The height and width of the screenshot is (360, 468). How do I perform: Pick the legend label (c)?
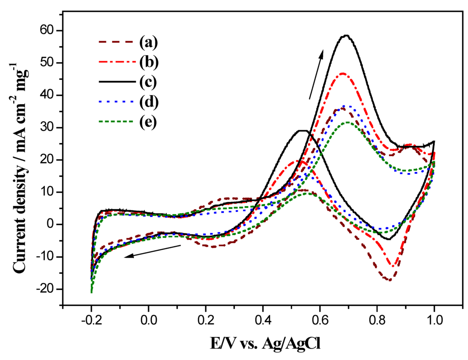pyautogui.click(x=149, y=83)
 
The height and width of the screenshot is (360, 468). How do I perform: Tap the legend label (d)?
pyautogui.click(x=149, y=103)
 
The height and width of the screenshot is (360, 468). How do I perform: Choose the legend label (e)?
pyautogui.click(x=149, y=123)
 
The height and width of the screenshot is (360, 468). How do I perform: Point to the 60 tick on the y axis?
pyautogui.click(x=48, y=31)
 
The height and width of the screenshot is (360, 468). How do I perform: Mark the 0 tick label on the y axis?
pyautogui.click(x=51, y=224)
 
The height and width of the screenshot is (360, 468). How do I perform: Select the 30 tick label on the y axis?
pyautogui.click(x=48, y=127)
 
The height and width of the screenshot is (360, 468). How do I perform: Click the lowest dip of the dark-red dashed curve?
pyautogui.click(x=389, y=280)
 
